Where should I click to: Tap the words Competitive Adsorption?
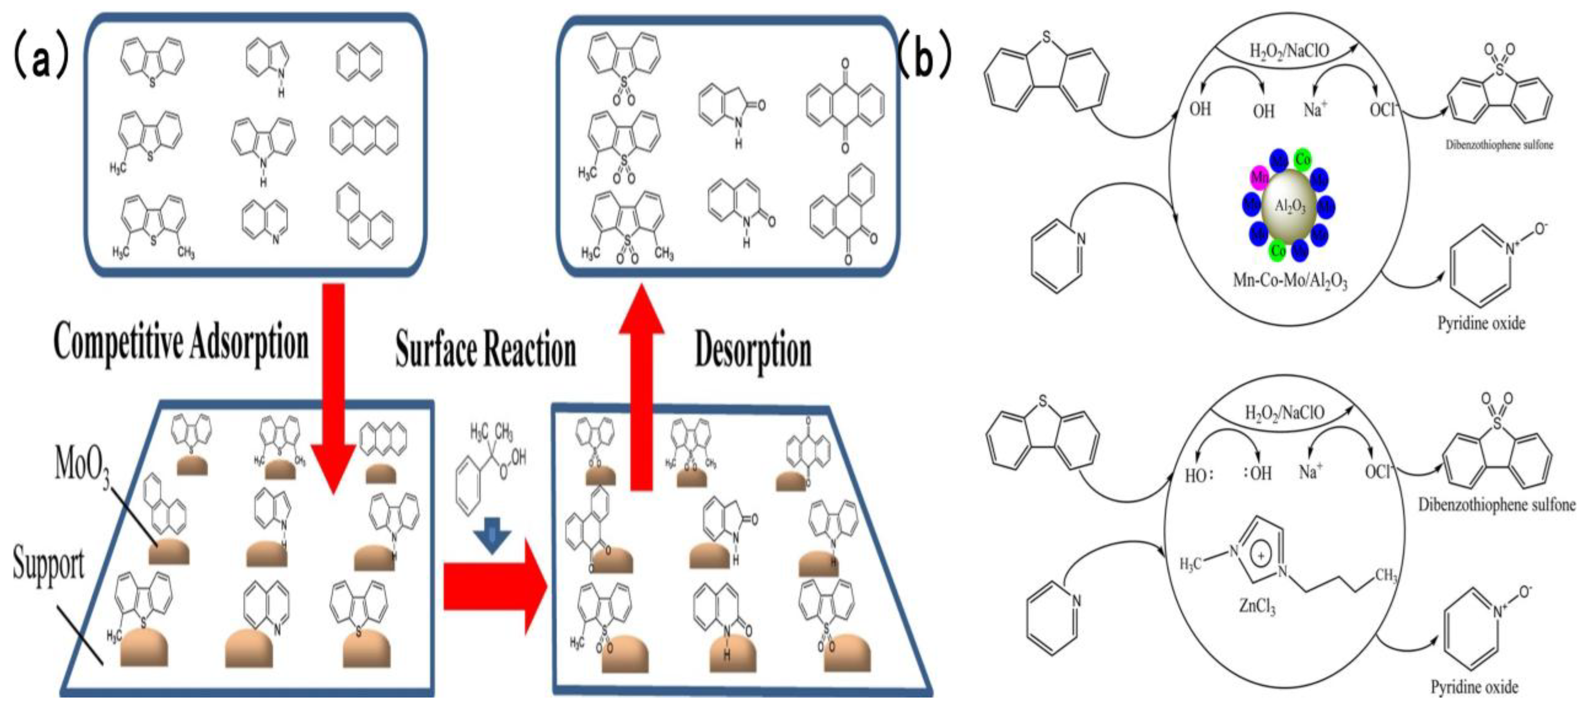click(x=181, y=343)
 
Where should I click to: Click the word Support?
click(x=49, y=564)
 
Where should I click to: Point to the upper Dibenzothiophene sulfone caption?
click(x=1499, y=145)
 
